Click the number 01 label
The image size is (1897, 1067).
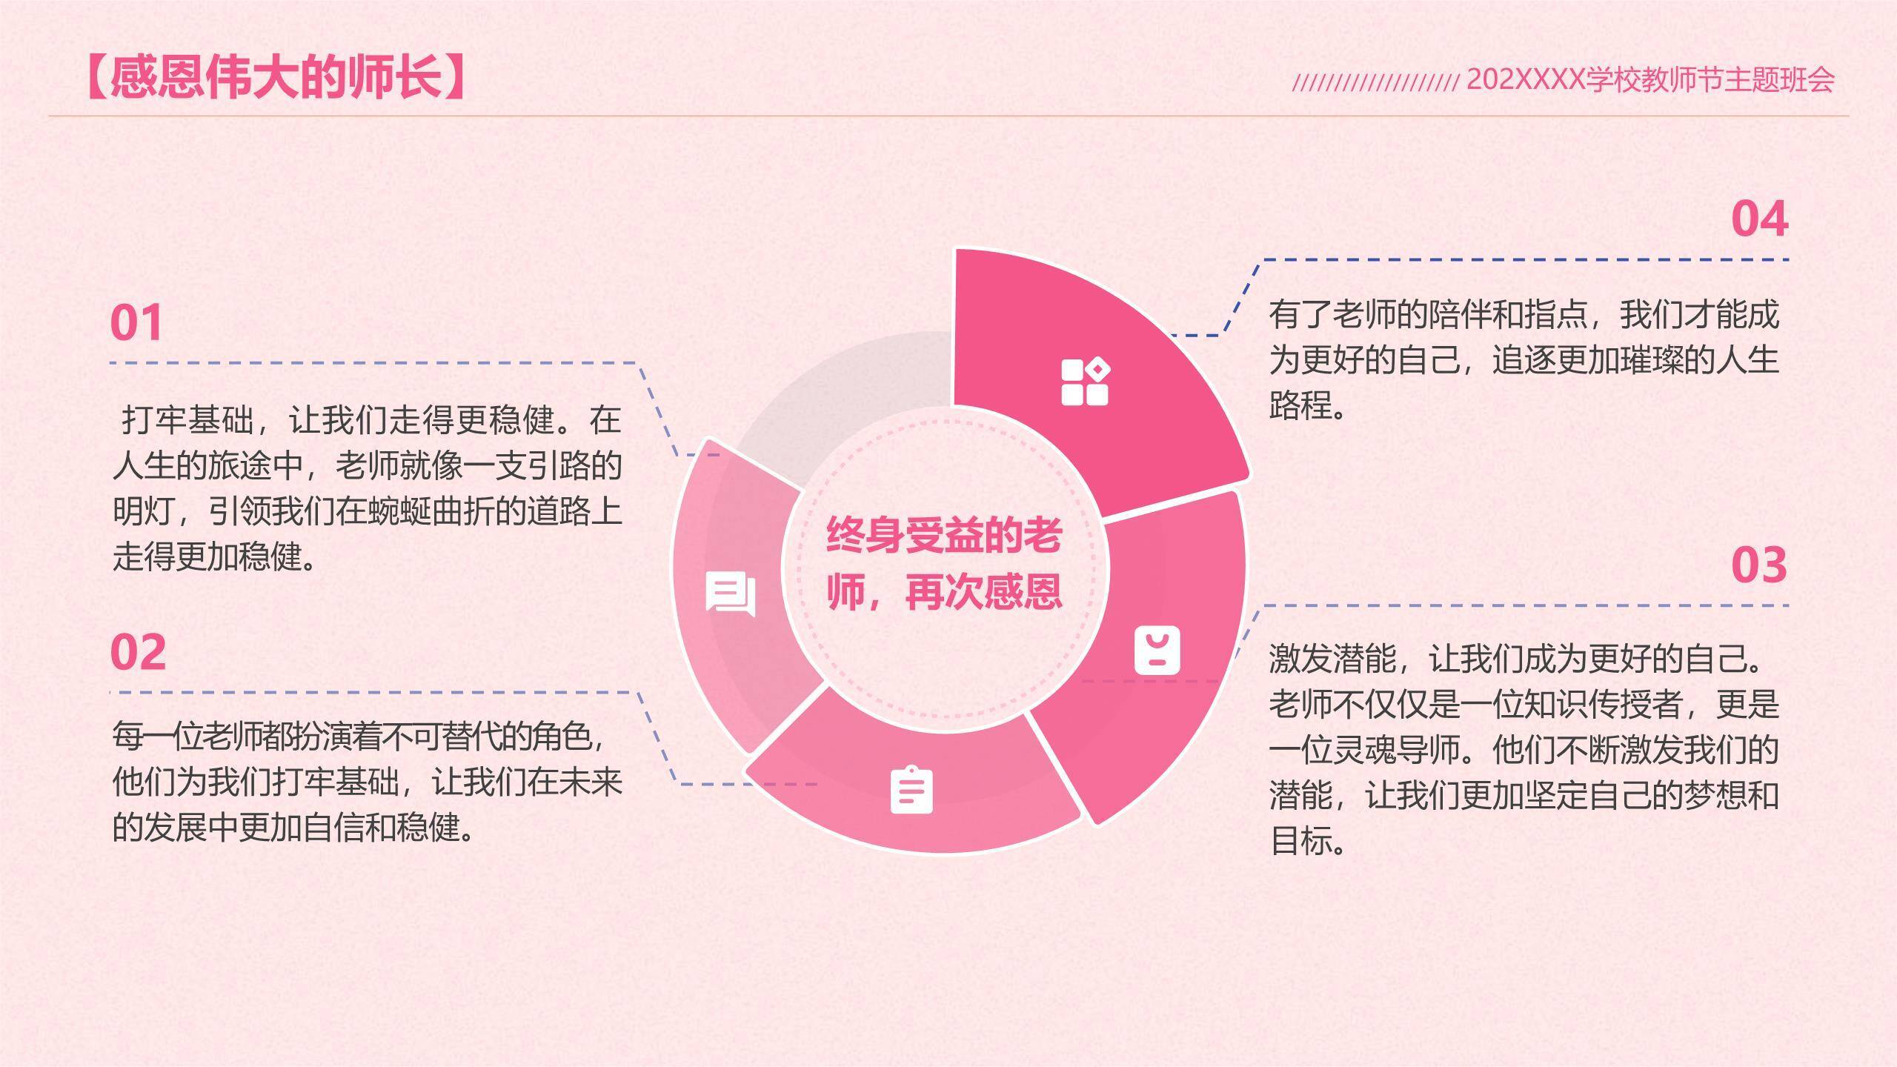[136, 323]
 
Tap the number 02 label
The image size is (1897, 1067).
[138, 652]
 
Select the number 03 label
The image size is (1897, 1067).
[1758, 565]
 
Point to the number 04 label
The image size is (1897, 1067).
[1759, 219]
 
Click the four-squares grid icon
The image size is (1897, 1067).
[1085, 382]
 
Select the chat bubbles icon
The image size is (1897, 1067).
[731, 594]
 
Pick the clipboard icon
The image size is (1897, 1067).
[911, 790]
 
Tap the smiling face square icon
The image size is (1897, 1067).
[1157, 651]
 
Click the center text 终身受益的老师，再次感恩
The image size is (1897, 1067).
[944, 564]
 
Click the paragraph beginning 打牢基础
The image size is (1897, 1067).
[367, 488]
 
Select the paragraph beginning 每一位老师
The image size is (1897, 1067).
[367, 782]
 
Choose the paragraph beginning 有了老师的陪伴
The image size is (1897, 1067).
[1524, 359]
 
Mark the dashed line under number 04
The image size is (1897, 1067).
[1526, 260]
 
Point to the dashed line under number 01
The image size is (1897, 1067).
[371, 363]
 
